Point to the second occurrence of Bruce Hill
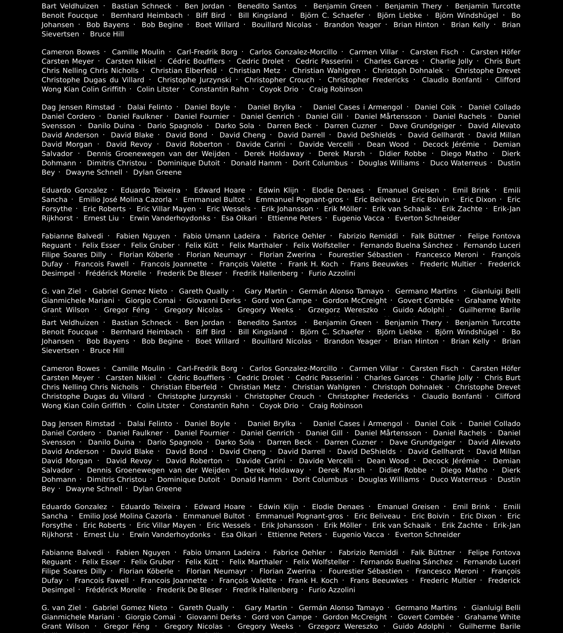click(107, 351)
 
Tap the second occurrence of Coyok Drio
click(279, 406)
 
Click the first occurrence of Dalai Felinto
click(150, 107)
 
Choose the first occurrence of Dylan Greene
click(157, 172)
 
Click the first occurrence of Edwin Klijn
click(279, 190)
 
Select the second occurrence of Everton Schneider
click(428, 535)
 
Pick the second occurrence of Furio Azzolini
click(332, 590)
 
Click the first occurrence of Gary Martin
click(266, 291)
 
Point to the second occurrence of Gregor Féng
click(127, 626)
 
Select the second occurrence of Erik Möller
click(343, 525)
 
